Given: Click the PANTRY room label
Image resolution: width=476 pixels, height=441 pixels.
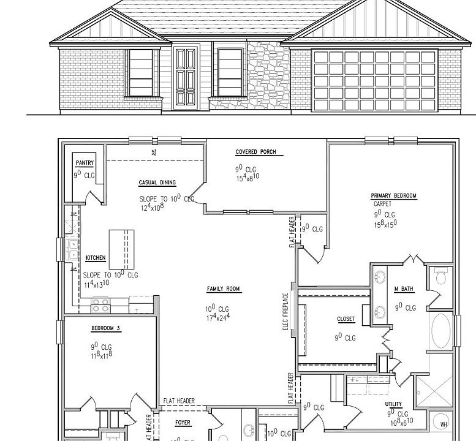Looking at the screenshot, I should click(x=84, y=163).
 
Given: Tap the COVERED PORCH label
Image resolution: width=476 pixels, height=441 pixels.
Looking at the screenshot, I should click(x=255, y=152).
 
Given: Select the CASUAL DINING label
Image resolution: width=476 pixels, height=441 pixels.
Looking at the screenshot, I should click(x=157, y=183).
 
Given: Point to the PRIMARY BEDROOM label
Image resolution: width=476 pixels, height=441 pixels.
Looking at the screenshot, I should click(x=393, y=196).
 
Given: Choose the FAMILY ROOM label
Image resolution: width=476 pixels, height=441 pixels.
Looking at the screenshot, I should click(x=224, y=289).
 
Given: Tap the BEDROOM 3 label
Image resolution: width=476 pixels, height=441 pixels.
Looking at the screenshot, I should click(x=106, y=328).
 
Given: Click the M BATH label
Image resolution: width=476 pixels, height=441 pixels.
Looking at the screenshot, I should click(x=401, y=289).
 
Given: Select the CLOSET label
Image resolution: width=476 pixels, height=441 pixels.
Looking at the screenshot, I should click(x=346, y=319).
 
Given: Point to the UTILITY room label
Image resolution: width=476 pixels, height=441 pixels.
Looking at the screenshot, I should click(x=394, y=404).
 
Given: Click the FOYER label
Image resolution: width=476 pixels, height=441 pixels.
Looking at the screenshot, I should click(x=183, y=423).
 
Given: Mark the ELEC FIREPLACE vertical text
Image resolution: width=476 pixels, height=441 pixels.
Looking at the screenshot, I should click(x=285, y=312).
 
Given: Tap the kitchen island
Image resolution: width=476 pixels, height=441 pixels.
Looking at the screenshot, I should click(x=121, y=249).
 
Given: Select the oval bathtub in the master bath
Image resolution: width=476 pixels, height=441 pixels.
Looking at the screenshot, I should click(x=441, y=331).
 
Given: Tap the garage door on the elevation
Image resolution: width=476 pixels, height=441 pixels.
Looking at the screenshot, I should click(x=374, y=80).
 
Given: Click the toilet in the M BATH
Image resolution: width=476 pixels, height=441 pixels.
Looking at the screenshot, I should click(x=440, y=279).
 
